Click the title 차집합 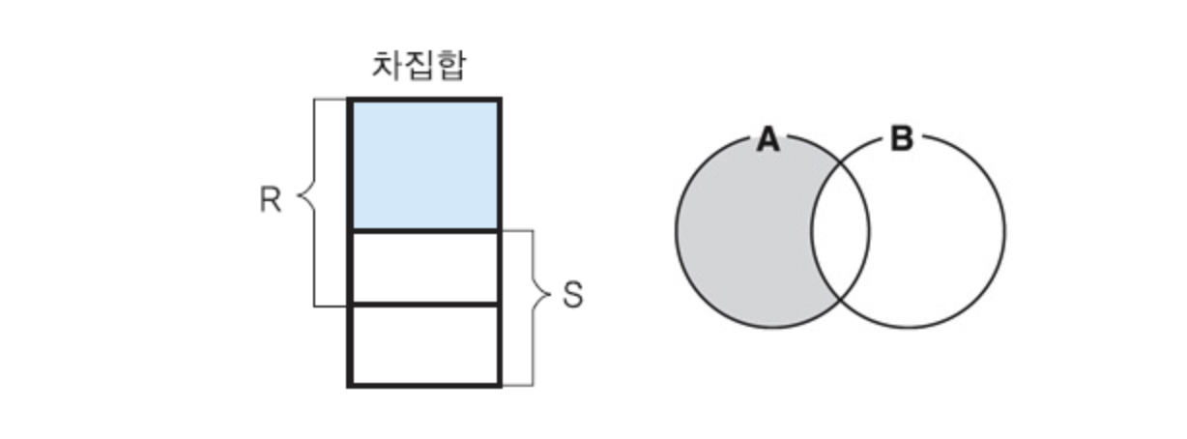[418, 66]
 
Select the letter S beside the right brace [573, 294]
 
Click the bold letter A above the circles [767, 141]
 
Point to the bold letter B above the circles [901, 141]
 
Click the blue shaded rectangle [424, 164]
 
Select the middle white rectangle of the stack [424, 268]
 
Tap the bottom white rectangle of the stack [424, 345]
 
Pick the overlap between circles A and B [840, 232]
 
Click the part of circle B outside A [938, 232]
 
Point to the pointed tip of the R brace [297, 201]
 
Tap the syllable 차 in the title [387, 66]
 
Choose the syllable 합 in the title [449, 66]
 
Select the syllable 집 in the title [418, 66]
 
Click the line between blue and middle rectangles [424, 230]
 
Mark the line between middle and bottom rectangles [424, 305]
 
